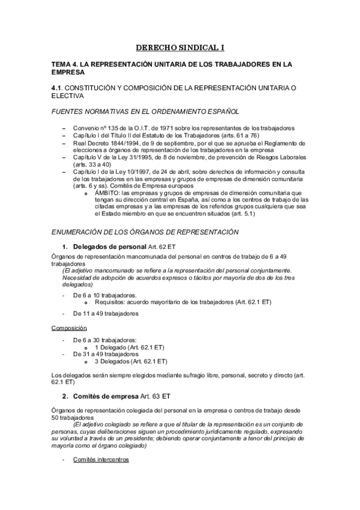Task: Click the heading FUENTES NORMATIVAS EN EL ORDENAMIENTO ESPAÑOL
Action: click(x=145, y=111)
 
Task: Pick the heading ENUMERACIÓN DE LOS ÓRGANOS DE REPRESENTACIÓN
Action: click(x=145, y=232)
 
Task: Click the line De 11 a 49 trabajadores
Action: click(x=105, y=313)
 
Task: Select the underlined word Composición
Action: click(x=69, y=328)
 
